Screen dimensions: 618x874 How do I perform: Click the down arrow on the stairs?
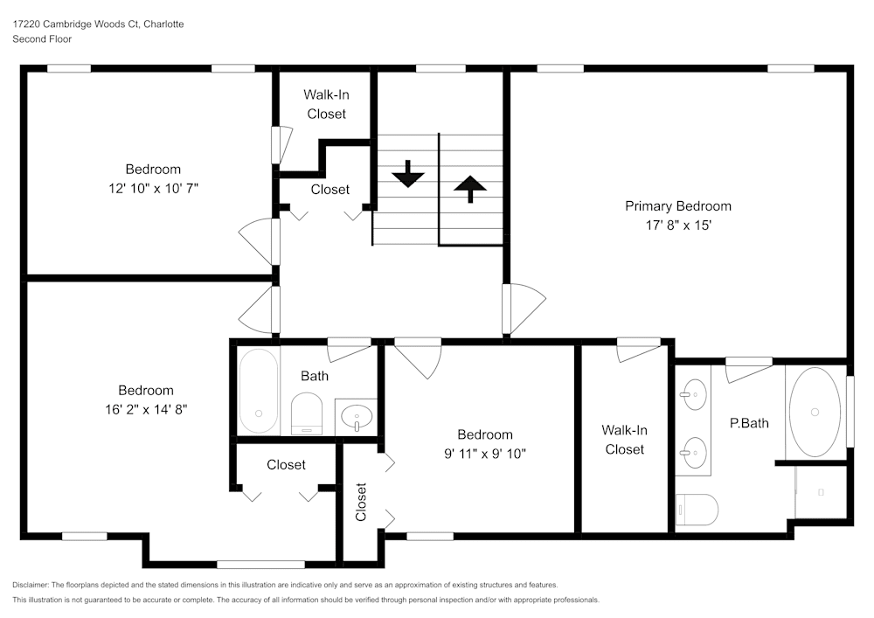[x=407, y=174]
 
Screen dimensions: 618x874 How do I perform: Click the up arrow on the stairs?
[x=470, y=188]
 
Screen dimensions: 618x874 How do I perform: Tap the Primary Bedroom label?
[x=677, y=206]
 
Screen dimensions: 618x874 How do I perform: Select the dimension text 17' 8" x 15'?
[x=677, y=225]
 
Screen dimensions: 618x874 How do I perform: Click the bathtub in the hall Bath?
[x=259, y=391]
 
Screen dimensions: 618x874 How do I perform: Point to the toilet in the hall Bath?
[x=306, y=413]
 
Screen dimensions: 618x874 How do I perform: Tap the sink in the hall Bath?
[x=357, y=416]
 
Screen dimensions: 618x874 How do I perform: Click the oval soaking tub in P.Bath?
[x=815, y=411]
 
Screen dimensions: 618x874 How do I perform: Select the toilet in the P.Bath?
[x=697, y=509]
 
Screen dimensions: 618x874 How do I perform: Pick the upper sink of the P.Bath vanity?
[x=694, y=394]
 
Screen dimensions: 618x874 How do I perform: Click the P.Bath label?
[x=749, y=423]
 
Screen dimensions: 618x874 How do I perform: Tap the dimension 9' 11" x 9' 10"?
[x=485, y=453]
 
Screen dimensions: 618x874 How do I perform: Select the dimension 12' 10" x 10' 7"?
[x=153, y=188]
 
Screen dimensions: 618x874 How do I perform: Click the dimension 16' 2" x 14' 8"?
[x=146, y=408]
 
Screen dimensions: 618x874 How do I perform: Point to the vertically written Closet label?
[x=361, y=502]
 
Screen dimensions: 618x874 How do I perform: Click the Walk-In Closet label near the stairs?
[x=326, y=104]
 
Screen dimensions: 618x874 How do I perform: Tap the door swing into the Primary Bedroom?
[x=524, y=307]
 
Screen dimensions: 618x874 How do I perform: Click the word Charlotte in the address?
[x=164, y=24]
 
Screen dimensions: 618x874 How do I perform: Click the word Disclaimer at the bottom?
[x=31, y=584]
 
